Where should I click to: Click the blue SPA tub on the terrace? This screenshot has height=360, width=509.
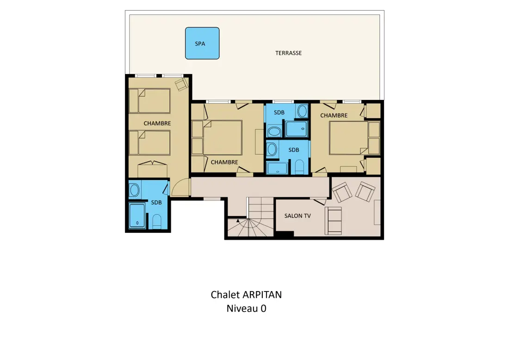(x=202, y=43)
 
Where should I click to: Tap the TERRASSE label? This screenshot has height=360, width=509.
(x=289, y=53)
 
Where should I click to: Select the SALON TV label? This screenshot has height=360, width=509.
(x=298, y=216)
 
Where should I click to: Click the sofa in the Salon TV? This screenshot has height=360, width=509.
(x=333, y=221)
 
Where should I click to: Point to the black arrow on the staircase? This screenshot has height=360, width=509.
(x=238, y=221)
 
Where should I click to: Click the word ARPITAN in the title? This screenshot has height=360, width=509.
(x=262, y=295)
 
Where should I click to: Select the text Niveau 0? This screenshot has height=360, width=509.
(x=246, y=308)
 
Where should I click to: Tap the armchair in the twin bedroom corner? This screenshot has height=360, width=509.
(x=181, y=84)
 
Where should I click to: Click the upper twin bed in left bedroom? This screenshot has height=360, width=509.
(x=149, y=100)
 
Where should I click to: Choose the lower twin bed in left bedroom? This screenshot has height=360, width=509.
(x=149, y=143)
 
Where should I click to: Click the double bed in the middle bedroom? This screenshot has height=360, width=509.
(x=223, y=137)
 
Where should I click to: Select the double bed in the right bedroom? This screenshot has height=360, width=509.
(x=348, y=137)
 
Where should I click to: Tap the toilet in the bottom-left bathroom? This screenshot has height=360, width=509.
(x=157, y=221)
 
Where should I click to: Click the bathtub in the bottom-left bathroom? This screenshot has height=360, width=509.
(x=137, y=216)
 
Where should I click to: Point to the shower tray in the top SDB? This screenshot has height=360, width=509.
(x=296, y=129)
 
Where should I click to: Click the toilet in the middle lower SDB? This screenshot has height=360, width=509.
(x=299, y=167)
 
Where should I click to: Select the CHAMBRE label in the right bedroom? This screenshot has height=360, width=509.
(x=334, y=116)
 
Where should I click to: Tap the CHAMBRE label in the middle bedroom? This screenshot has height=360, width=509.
(x=224, y=162)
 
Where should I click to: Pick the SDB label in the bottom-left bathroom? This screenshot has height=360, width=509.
(x=156, y=203)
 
